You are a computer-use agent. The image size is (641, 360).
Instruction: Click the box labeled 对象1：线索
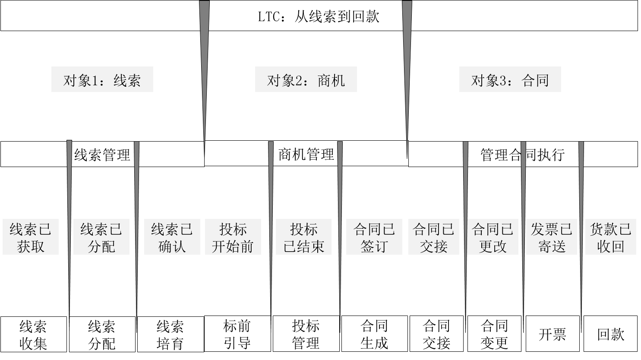tap(102, 79)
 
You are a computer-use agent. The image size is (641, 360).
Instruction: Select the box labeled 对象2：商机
tap(306, 79)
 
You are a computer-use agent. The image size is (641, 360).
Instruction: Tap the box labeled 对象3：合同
tap(510, 79)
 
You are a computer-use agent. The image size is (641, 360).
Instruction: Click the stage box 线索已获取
tap(31, 237)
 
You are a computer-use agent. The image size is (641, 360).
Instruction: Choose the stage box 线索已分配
tap(101, 237)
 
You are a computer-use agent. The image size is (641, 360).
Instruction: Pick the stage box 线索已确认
tap(172, 237)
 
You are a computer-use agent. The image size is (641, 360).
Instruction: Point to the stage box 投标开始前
tap(233, 237)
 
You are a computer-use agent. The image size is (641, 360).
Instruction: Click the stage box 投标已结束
tap(303, 237)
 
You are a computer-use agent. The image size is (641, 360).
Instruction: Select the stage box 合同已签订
tap(374, 237)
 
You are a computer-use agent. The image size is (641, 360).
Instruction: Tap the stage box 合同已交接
tap(433, 237)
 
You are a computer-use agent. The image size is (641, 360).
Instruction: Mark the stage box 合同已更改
tap(493, 237)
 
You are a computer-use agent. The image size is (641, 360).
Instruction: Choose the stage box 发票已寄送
tap(551, 237)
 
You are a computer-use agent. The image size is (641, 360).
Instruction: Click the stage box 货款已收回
tap(610, 237)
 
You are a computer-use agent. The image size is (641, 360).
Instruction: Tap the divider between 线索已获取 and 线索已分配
tap(69, 194)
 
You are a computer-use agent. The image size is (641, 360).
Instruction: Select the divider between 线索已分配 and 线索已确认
tap(136, 194)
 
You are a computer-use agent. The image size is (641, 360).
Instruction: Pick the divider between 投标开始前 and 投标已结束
tap(271, 194)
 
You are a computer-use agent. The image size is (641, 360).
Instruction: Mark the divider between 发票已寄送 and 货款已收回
tap(581, 194)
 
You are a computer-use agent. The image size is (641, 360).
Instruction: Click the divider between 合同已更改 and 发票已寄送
tap(523, 194)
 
